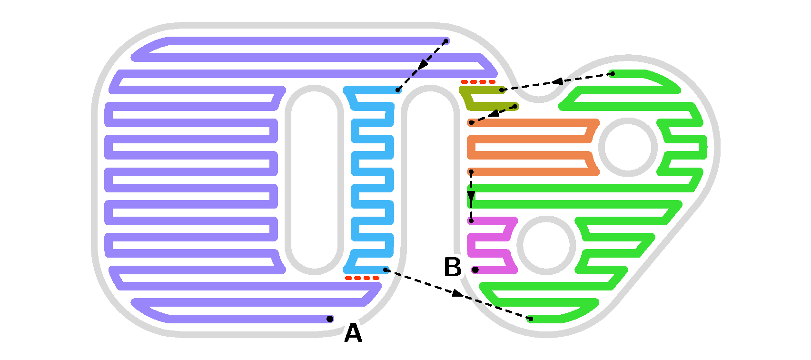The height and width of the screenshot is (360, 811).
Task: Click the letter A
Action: [353, 333]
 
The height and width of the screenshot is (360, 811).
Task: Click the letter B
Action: [453, 267]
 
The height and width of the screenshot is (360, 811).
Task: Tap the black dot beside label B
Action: [475, 270]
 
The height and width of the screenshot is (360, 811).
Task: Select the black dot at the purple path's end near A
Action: [330, 319]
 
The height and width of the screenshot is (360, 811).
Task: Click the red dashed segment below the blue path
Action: [362, 278]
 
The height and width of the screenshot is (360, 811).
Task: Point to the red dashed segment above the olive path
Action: [478, 82]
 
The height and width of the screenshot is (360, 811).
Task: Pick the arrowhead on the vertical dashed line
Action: [471, 197]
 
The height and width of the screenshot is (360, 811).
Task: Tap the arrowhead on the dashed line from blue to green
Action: [457, 293]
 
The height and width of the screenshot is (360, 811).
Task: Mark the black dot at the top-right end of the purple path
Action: [446, 41]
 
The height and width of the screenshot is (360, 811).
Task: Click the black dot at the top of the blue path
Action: [398, 90]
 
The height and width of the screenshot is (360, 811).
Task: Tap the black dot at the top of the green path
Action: [613, 73]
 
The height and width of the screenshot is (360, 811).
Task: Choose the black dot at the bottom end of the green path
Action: [531, 319]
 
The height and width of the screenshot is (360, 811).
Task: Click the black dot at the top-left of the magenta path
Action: [471, 220]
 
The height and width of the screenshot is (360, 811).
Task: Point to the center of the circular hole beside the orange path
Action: [628, 147]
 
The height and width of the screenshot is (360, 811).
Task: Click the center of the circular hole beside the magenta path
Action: [546, 245]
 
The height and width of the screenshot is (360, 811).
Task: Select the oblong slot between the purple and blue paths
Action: [314, 180]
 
